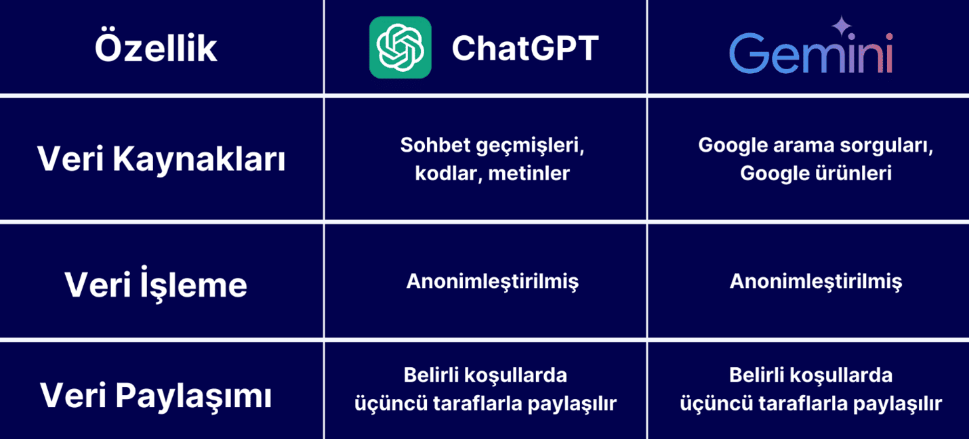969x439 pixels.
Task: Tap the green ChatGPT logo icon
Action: coord(400,47)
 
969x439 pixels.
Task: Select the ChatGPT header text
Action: coord(525,48)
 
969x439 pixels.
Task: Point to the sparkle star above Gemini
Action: coord(842,26)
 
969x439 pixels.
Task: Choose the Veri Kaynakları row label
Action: coord(161,159)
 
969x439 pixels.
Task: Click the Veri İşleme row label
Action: coord(156,284)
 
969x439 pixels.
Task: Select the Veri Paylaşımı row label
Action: coord(156,396)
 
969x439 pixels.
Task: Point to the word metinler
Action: coord(529,173)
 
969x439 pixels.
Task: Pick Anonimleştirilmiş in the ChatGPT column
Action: coord(492,282)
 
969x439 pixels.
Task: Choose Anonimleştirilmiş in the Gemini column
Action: coord(816,282)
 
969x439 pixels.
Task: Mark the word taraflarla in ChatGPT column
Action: coord(477,404)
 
